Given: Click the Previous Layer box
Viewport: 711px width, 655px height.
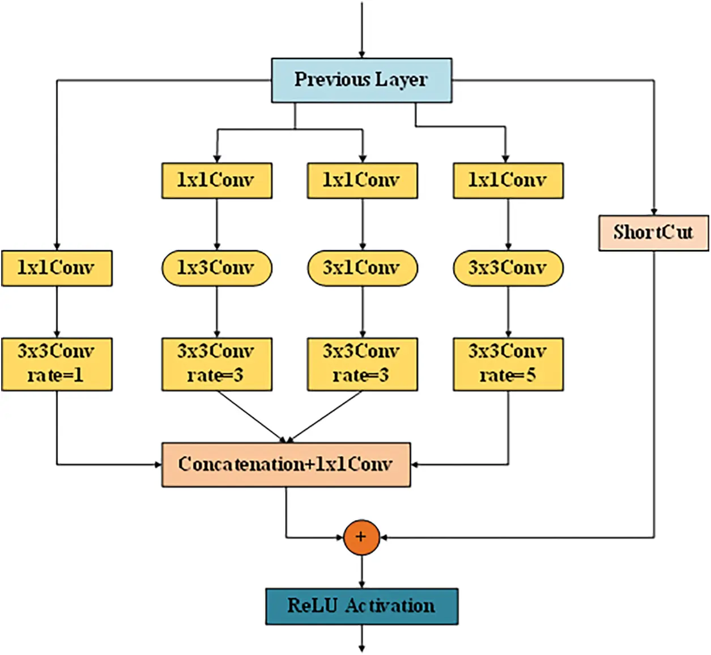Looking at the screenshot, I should point(361,80).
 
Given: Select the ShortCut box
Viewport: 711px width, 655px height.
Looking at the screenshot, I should point(653,233).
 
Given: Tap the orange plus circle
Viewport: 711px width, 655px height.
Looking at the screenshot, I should point(361,537).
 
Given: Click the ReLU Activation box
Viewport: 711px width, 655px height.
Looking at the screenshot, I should point(361,606).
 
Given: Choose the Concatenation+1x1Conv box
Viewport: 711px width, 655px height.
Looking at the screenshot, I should point(286,464).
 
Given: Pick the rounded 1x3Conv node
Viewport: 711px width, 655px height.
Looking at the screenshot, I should point(216,268).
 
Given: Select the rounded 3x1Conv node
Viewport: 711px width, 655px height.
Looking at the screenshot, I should point(362,268).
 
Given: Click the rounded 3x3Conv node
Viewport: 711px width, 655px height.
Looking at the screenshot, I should point(508,268).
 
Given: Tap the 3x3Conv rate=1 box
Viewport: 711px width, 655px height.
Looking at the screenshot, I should point(57,364).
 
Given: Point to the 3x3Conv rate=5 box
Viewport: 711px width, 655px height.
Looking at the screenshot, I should point(508,364).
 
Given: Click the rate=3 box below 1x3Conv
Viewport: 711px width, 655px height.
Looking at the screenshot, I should point(216,364).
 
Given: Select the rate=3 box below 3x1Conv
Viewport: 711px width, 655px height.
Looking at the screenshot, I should point(362,364).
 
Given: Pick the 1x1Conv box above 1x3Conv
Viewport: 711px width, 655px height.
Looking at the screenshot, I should point(216,180).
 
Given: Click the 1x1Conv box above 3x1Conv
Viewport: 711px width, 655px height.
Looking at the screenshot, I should point(362,180).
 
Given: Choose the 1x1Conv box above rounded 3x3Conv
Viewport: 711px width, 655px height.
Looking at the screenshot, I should point(508,180).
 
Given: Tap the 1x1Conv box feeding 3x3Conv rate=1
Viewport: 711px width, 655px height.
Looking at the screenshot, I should point(57,268).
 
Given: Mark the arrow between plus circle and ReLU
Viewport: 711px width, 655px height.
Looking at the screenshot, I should point(361,572).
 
